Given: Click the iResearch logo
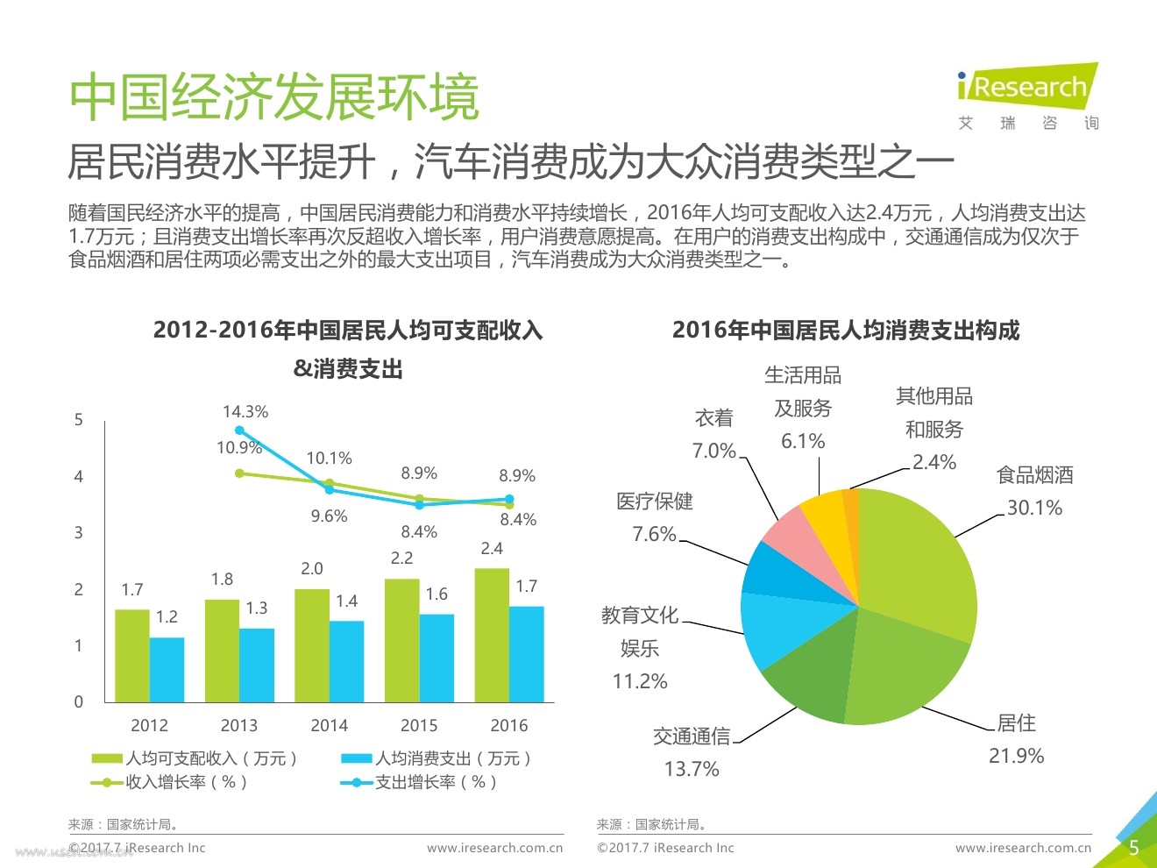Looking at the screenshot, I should [1027, 88].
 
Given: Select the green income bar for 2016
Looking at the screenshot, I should [492, 635].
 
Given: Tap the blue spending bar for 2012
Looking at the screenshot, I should [167, 669].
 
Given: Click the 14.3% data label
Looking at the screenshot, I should [245, 411].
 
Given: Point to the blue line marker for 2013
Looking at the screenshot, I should [239, 430].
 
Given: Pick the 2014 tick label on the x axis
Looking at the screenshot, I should [329, 725].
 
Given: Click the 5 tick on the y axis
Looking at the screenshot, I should [79, 420].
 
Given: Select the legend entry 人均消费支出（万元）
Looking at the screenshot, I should [436, 758].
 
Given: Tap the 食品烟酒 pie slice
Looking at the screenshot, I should [920, 561].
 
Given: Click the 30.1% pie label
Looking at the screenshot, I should [1034, 508].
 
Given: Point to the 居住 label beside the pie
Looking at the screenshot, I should [1017, 722].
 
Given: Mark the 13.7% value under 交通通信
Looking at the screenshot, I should [692, 769].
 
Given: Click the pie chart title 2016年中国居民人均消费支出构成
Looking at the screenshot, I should [846, 331].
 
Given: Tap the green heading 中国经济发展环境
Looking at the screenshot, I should [274, 96].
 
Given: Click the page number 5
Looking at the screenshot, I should [1133, 848].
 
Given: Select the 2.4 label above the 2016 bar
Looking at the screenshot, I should [492, 548].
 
